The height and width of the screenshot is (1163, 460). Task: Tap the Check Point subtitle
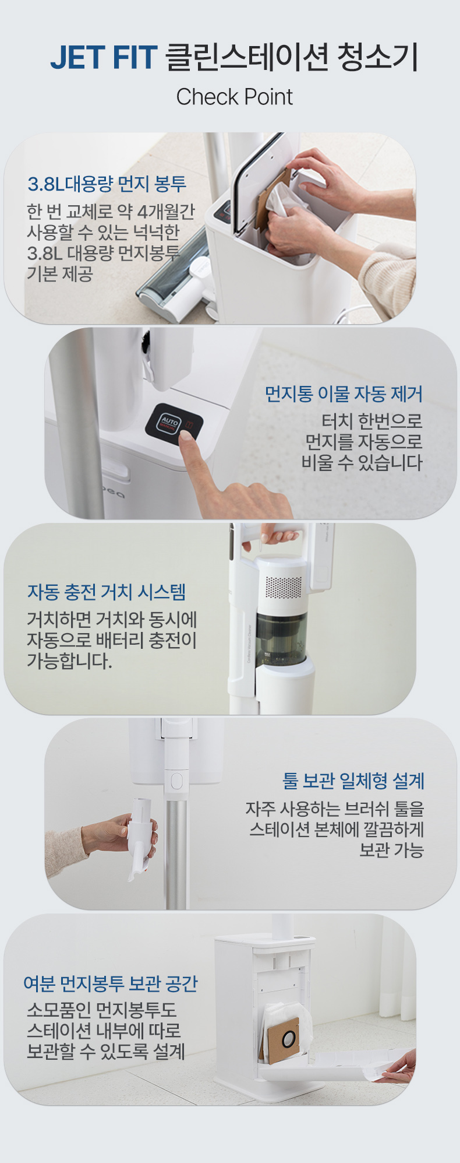[234, 97]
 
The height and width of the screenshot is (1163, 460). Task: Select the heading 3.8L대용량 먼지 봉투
[107, 184]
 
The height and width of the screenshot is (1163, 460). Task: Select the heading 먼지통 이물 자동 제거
[344, 394]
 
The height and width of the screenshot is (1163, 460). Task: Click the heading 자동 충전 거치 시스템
[107, 592]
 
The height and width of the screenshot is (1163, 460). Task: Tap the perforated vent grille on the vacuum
[284, 588]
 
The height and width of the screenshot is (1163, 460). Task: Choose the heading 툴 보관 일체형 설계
[353, 781]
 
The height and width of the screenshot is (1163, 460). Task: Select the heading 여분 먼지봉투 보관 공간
[111, 983]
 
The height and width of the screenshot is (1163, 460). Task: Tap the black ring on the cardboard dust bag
[289, 1038]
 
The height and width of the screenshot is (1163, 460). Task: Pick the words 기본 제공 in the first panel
[60, 273]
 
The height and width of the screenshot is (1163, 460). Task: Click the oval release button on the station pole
[176, 781]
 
